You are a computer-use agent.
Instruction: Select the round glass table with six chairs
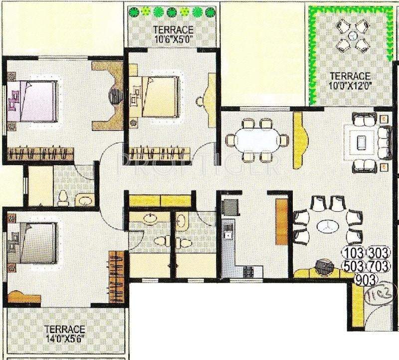tap(325, 225)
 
